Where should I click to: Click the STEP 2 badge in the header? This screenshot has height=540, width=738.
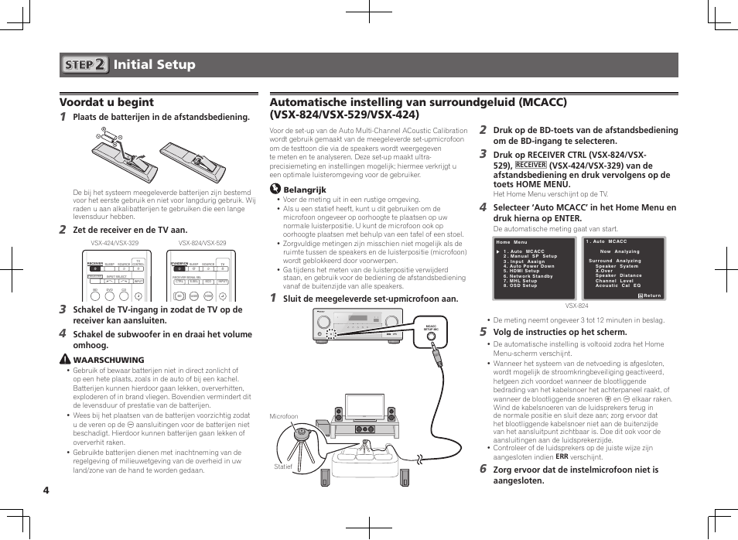[x=84, y=65]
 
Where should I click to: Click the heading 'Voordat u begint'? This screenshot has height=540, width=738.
[x=107, y=102]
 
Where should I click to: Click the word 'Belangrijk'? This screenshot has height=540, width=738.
[x=304, y=190]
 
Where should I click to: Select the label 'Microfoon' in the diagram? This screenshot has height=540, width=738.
[x=283, y=416]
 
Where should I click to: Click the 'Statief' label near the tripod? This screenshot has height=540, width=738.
[x=283, y=466]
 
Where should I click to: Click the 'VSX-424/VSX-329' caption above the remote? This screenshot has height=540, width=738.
[x=114, y=243]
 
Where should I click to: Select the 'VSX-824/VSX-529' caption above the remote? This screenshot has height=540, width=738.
[x=202, y=243]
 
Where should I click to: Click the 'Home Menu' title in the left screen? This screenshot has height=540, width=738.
[x=511, y=243]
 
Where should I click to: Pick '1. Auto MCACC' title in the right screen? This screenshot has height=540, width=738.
[x=606, y=242]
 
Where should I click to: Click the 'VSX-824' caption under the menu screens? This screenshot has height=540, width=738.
[x=577, y=306]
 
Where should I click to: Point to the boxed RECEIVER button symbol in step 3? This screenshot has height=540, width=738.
[x=531, y=165]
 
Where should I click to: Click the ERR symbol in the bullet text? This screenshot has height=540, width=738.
[x=561, y=457]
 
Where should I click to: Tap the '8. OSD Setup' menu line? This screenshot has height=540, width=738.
[x=520, y=285]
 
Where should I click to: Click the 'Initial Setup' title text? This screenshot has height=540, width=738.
[x=154, y=65]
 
